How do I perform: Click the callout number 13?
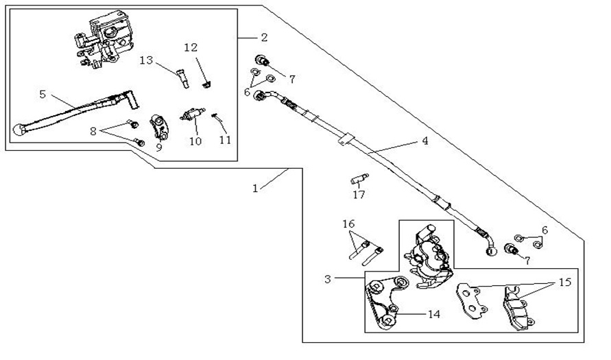tap(146, 60)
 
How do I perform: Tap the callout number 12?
tap(191, 47)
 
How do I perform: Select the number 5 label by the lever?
tap(43, 94)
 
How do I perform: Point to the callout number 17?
tap(359, 195)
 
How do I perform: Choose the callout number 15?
tap(564, 282)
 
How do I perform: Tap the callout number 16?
tap(349, 224)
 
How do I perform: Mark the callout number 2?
tap(264, 36)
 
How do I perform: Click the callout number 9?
tap(158, 147)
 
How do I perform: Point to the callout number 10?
tap(195, 142)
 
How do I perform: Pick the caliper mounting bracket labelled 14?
tap(380, 302)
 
